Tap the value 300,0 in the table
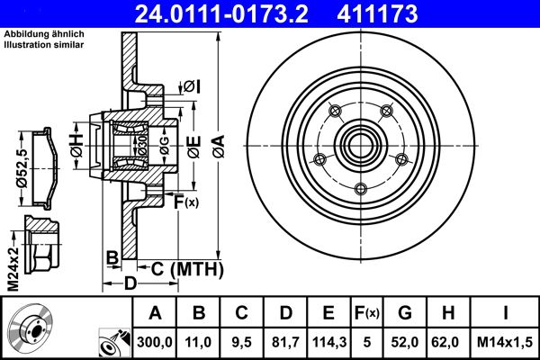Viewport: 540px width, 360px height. (155, 341)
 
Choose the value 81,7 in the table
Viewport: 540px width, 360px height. (286, 341)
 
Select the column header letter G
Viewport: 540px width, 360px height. (406, 313)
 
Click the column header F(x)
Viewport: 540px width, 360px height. (367, 313)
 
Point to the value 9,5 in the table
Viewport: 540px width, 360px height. (242, 341)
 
